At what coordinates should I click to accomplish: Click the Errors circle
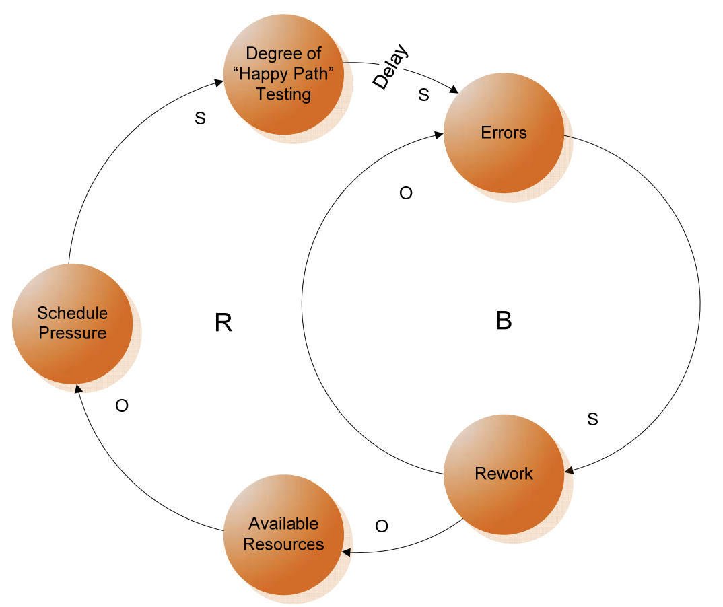coord(504,133)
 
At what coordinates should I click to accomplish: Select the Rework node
coord(504,474)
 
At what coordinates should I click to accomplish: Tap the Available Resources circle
coord(283,534)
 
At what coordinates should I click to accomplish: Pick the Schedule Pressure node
coord(72,323)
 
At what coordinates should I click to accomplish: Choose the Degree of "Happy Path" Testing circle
coord(283,74)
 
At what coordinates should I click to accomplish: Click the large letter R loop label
coord(223,323)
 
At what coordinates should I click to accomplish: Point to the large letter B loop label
coord(504,321)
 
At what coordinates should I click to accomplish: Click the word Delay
coord(391,69)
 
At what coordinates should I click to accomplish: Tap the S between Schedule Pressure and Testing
coord(200,119)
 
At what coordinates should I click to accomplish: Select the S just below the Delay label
coord(423,96)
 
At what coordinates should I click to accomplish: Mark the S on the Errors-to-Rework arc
coord(592,419)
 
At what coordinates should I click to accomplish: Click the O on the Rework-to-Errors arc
coord(406,194)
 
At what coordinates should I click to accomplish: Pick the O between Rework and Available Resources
coord(382,526)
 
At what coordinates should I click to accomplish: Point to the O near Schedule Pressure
coord(122,406)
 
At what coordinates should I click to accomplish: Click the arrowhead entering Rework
coord(569,470)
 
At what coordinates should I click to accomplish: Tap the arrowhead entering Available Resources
coord(347,552)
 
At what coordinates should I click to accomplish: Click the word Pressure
coord(72,334)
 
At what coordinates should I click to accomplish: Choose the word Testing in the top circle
coord(283,94)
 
